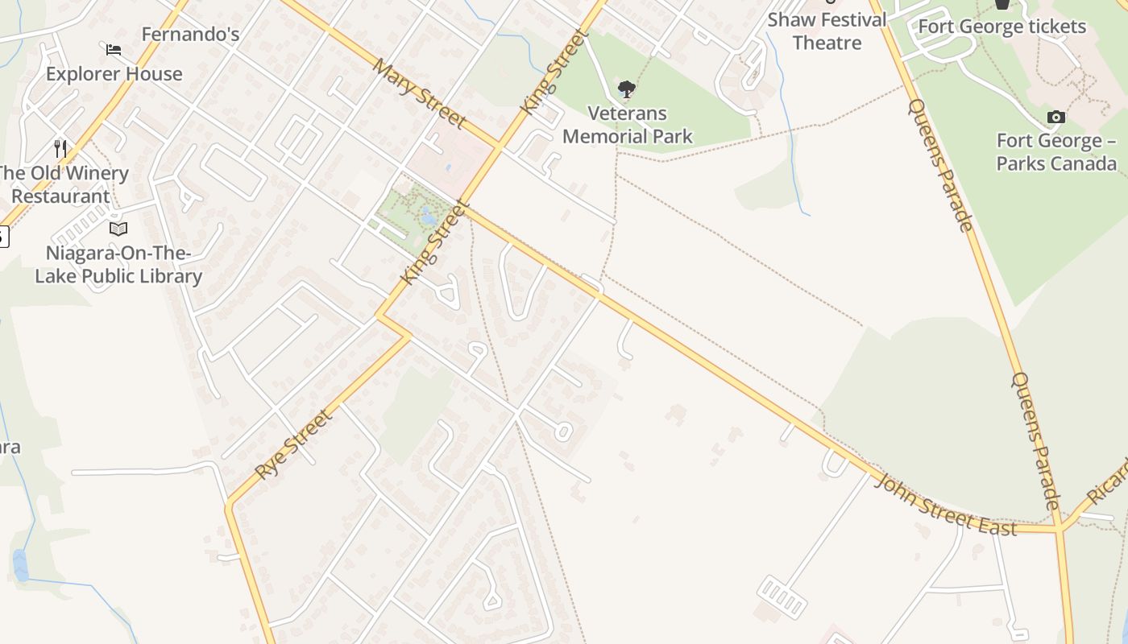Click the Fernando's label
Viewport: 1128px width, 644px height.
pos(190,35)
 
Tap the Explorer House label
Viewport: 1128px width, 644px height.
pos(114,74)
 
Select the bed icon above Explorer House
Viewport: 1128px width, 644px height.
pos(114,50)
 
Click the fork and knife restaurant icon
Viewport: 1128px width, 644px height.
pos(60,148)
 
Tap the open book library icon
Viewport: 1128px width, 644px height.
pos(118,229)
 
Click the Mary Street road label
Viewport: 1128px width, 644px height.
pos(419,93)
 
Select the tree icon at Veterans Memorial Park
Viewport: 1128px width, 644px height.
pos(626,89)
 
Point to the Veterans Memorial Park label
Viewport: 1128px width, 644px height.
pos(627,125)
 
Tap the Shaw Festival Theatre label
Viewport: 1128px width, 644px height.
pos(827,31)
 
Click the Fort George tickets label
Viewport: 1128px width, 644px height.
pos(1002,27)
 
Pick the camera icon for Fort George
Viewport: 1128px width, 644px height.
pos(1055,118)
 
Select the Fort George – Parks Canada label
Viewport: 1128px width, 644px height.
pos(1056,152)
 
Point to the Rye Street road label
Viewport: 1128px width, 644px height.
pos(293,444)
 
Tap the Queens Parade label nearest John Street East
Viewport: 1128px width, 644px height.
pos(1036,440)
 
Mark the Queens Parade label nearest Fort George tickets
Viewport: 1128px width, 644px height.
pos(940,164)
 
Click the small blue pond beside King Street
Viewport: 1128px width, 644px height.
pos(429,216)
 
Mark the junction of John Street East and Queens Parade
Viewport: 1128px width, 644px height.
pos(1058,529)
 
